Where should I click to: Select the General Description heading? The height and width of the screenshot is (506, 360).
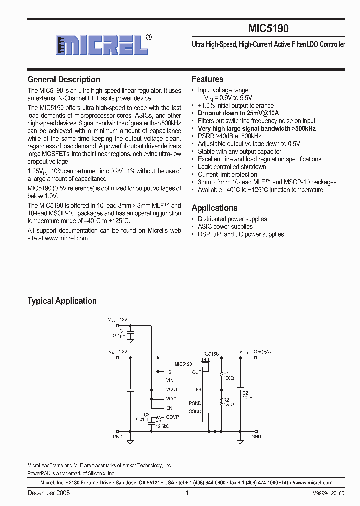(64, 80)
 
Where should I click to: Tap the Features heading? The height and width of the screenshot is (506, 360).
(207, 79)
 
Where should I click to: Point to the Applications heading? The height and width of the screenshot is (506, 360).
(214, 208)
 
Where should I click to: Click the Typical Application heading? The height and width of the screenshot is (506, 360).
(62, 301)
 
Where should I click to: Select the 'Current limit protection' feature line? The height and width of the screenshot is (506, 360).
(227, 174)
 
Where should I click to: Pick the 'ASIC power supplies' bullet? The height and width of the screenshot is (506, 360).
(225, 226)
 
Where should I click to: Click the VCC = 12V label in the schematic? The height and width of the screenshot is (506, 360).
(118, 319)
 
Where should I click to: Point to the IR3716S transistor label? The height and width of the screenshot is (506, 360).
(210, 354)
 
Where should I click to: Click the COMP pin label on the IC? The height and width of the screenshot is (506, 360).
(173, 417)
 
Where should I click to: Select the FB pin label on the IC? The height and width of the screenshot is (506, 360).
(198, 389)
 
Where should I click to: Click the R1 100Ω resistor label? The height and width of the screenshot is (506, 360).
(228, 376)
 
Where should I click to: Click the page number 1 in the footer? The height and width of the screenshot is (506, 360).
(187, 493)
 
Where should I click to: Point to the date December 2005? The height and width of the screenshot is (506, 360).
(48, 493)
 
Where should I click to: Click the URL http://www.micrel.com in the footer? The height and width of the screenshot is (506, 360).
(307, 483)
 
